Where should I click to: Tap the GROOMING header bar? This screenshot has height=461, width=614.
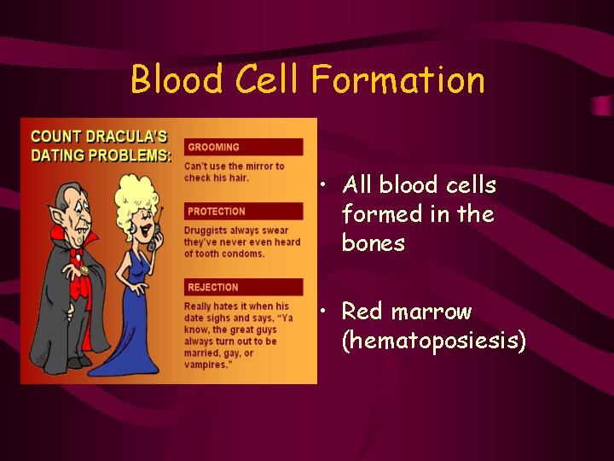tap(243, 147)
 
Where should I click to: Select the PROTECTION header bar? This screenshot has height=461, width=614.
tap(243, 211)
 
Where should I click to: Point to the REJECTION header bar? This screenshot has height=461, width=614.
tap(243, 287)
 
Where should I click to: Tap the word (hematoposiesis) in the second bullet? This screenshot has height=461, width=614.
tap(433, 341)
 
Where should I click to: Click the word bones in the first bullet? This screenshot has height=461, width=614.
tap(373, 243)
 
